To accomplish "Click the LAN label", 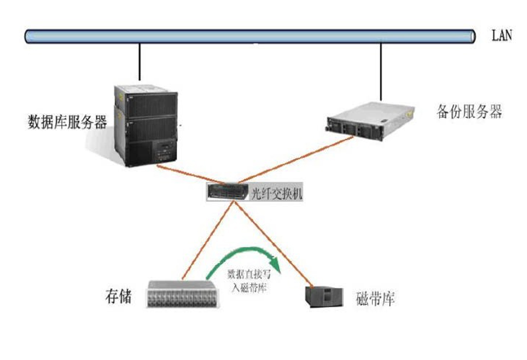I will [x=501, y=35].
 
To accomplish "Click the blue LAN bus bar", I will [x=250, y=36].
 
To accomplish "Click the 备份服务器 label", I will [x=469, y=111].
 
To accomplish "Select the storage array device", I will [x=183, y=294].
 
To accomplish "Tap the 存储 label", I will [x=118, y=297].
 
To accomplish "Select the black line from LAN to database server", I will [x=140, y=61].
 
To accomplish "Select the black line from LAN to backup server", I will [x=381, y=69].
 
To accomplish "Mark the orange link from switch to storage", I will [x=206, y=241].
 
